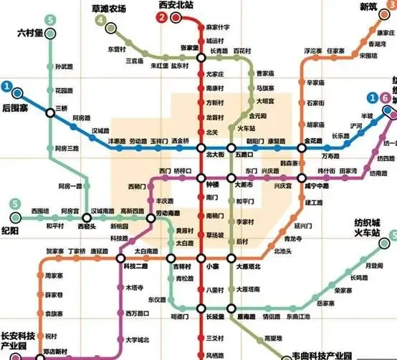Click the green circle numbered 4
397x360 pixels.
coord(110,21)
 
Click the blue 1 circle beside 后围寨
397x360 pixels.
coord(6,88)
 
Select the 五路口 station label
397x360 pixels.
coord(245,154)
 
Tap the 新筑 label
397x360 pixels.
coord(368,6)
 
